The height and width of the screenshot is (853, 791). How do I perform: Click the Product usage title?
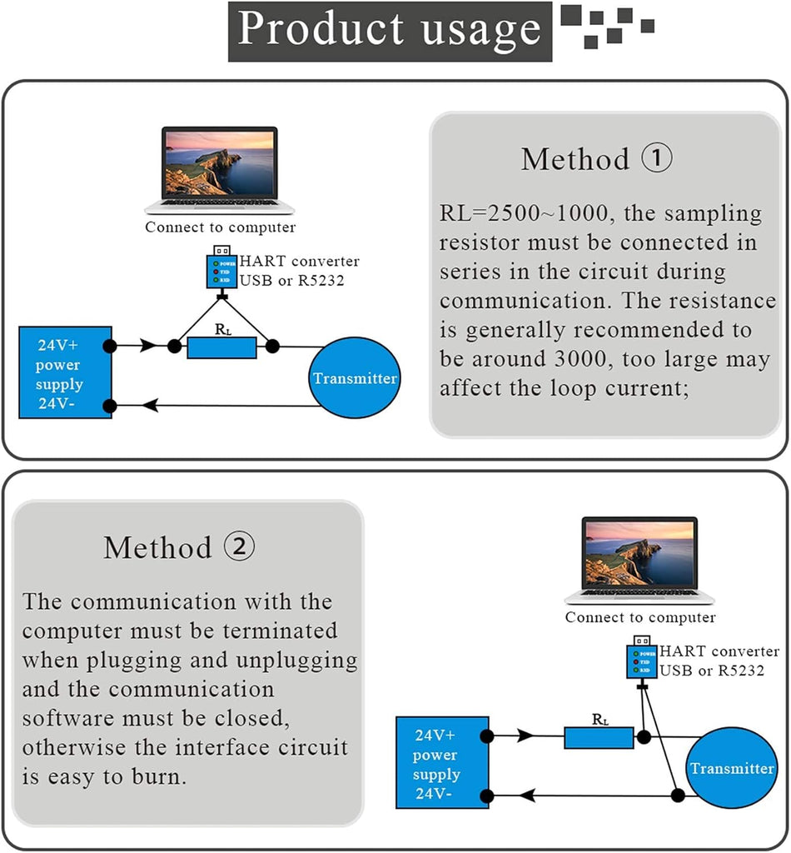(389, 30)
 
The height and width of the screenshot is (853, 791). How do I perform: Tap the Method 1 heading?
(596, 158)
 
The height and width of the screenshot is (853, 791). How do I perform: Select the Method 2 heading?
(179, 547)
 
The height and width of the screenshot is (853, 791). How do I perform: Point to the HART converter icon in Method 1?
(221, 268)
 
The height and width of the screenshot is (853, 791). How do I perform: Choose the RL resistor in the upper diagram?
(221, 347)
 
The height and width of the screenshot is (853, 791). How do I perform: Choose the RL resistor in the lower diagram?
(599, 737)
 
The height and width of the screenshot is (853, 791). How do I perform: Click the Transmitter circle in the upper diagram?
(355, 378)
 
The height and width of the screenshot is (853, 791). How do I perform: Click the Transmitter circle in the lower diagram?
(732, 768)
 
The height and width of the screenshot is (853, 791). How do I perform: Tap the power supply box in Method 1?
(66, 372)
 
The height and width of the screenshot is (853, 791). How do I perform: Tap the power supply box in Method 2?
(441, 761)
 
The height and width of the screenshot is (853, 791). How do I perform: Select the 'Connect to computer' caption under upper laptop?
(220, 227)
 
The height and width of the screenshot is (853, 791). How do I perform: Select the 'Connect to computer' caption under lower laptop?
(639, 617)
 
